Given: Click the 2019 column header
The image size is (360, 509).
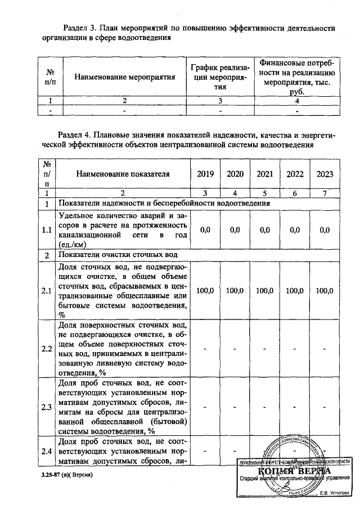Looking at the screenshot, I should (x=205, y=174).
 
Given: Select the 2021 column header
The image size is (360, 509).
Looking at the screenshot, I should (x=264, y=174).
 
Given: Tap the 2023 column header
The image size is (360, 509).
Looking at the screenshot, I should (x=325, y=174).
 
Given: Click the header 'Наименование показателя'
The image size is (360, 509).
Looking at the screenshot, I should (x=122, y=174).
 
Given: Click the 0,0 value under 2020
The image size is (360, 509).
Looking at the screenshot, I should (x=235, y=230).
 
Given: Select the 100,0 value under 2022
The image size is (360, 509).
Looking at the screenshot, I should (x=295, y=291).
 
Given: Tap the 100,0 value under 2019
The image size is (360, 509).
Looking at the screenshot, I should (x=205, y=291).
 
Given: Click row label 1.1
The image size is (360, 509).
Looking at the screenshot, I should (x=47, y=230).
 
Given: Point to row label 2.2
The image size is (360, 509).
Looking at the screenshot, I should (x=47, y=349).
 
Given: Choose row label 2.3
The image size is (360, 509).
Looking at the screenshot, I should (x=47, y=407).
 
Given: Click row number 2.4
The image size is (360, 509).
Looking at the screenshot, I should (x=47, y=451).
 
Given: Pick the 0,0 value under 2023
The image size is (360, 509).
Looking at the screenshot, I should (x=325, y=230).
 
